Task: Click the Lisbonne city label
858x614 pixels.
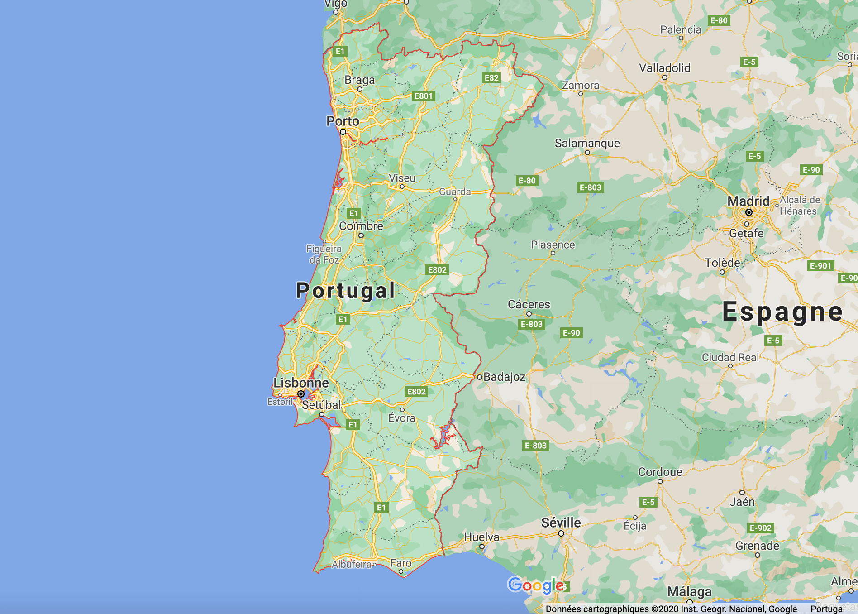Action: click(x=301, y=383)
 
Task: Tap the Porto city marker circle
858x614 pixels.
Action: click(x=343, y=132)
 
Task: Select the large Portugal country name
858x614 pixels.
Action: click(x=346, y=290)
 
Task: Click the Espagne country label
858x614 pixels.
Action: click(x=782, y=312)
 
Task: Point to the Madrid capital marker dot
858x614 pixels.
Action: click(x=749, y=212)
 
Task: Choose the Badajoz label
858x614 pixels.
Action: click(x=504, y=377)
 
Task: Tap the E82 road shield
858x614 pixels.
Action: click(x=491, y=78)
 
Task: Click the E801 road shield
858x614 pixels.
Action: click(x=424, y=96)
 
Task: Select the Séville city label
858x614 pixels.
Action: click(x=561, y=523)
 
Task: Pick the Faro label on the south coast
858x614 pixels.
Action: click(x=401, y=563)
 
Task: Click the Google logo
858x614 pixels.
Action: click(x=536, y=585)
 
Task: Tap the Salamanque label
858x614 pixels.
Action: click(x=587, y=143)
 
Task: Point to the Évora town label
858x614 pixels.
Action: click(x=402, y=418)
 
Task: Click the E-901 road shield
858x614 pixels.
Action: click(x=820, y=266)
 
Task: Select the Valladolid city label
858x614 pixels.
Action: click(x=665, y=68)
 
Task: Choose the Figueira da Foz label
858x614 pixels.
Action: click(x=324, y=254)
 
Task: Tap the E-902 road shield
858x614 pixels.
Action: click(x=761, y=528)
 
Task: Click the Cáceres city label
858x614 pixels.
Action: click(x=529, y=304)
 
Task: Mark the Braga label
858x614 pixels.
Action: click(x=360, y=80)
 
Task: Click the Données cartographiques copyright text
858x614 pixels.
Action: click(x=671, y=609)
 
